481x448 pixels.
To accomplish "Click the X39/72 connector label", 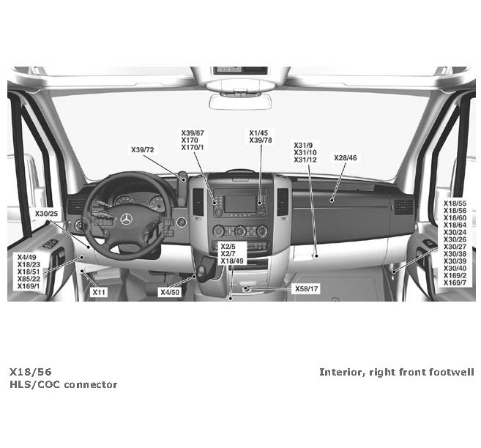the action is click(x=143, y=150).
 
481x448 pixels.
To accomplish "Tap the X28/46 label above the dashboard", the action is click(x=346, y=157).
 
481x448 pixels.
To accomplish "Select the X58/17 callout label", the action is click(x=307, y=289).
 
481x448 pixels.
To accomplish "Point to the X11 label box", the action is click(x=99, y=292).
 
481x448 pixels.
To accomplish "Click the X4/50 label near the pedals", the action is click(x=170, y=292).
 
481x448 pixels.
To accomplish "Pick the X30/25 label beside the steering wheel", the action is click(x=46, y=213).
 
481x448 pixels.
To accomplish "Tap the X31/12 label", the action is click(x=305, y=160).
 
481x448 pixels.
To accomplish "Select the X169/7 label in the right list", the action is click(x=455, y=283).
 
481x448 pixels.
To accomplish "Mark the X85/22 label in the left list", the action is click(x=29, y=278).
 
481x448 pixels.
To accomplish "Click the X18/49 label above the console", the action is click(x=232, y=261).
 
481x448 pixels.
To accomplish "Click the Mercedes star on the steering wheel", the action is click(x=126, y=219).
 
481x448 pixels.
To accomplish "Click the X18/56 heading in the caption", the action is click(x=31, y=372).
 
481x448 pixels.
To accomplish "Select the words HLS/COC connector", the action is click(x=63, y=384).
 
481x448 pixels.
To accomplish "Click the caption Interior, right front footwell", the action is click(x=396, y=372).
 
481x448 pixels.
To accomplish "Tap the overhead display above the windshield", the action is click(x=230, y=71).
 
